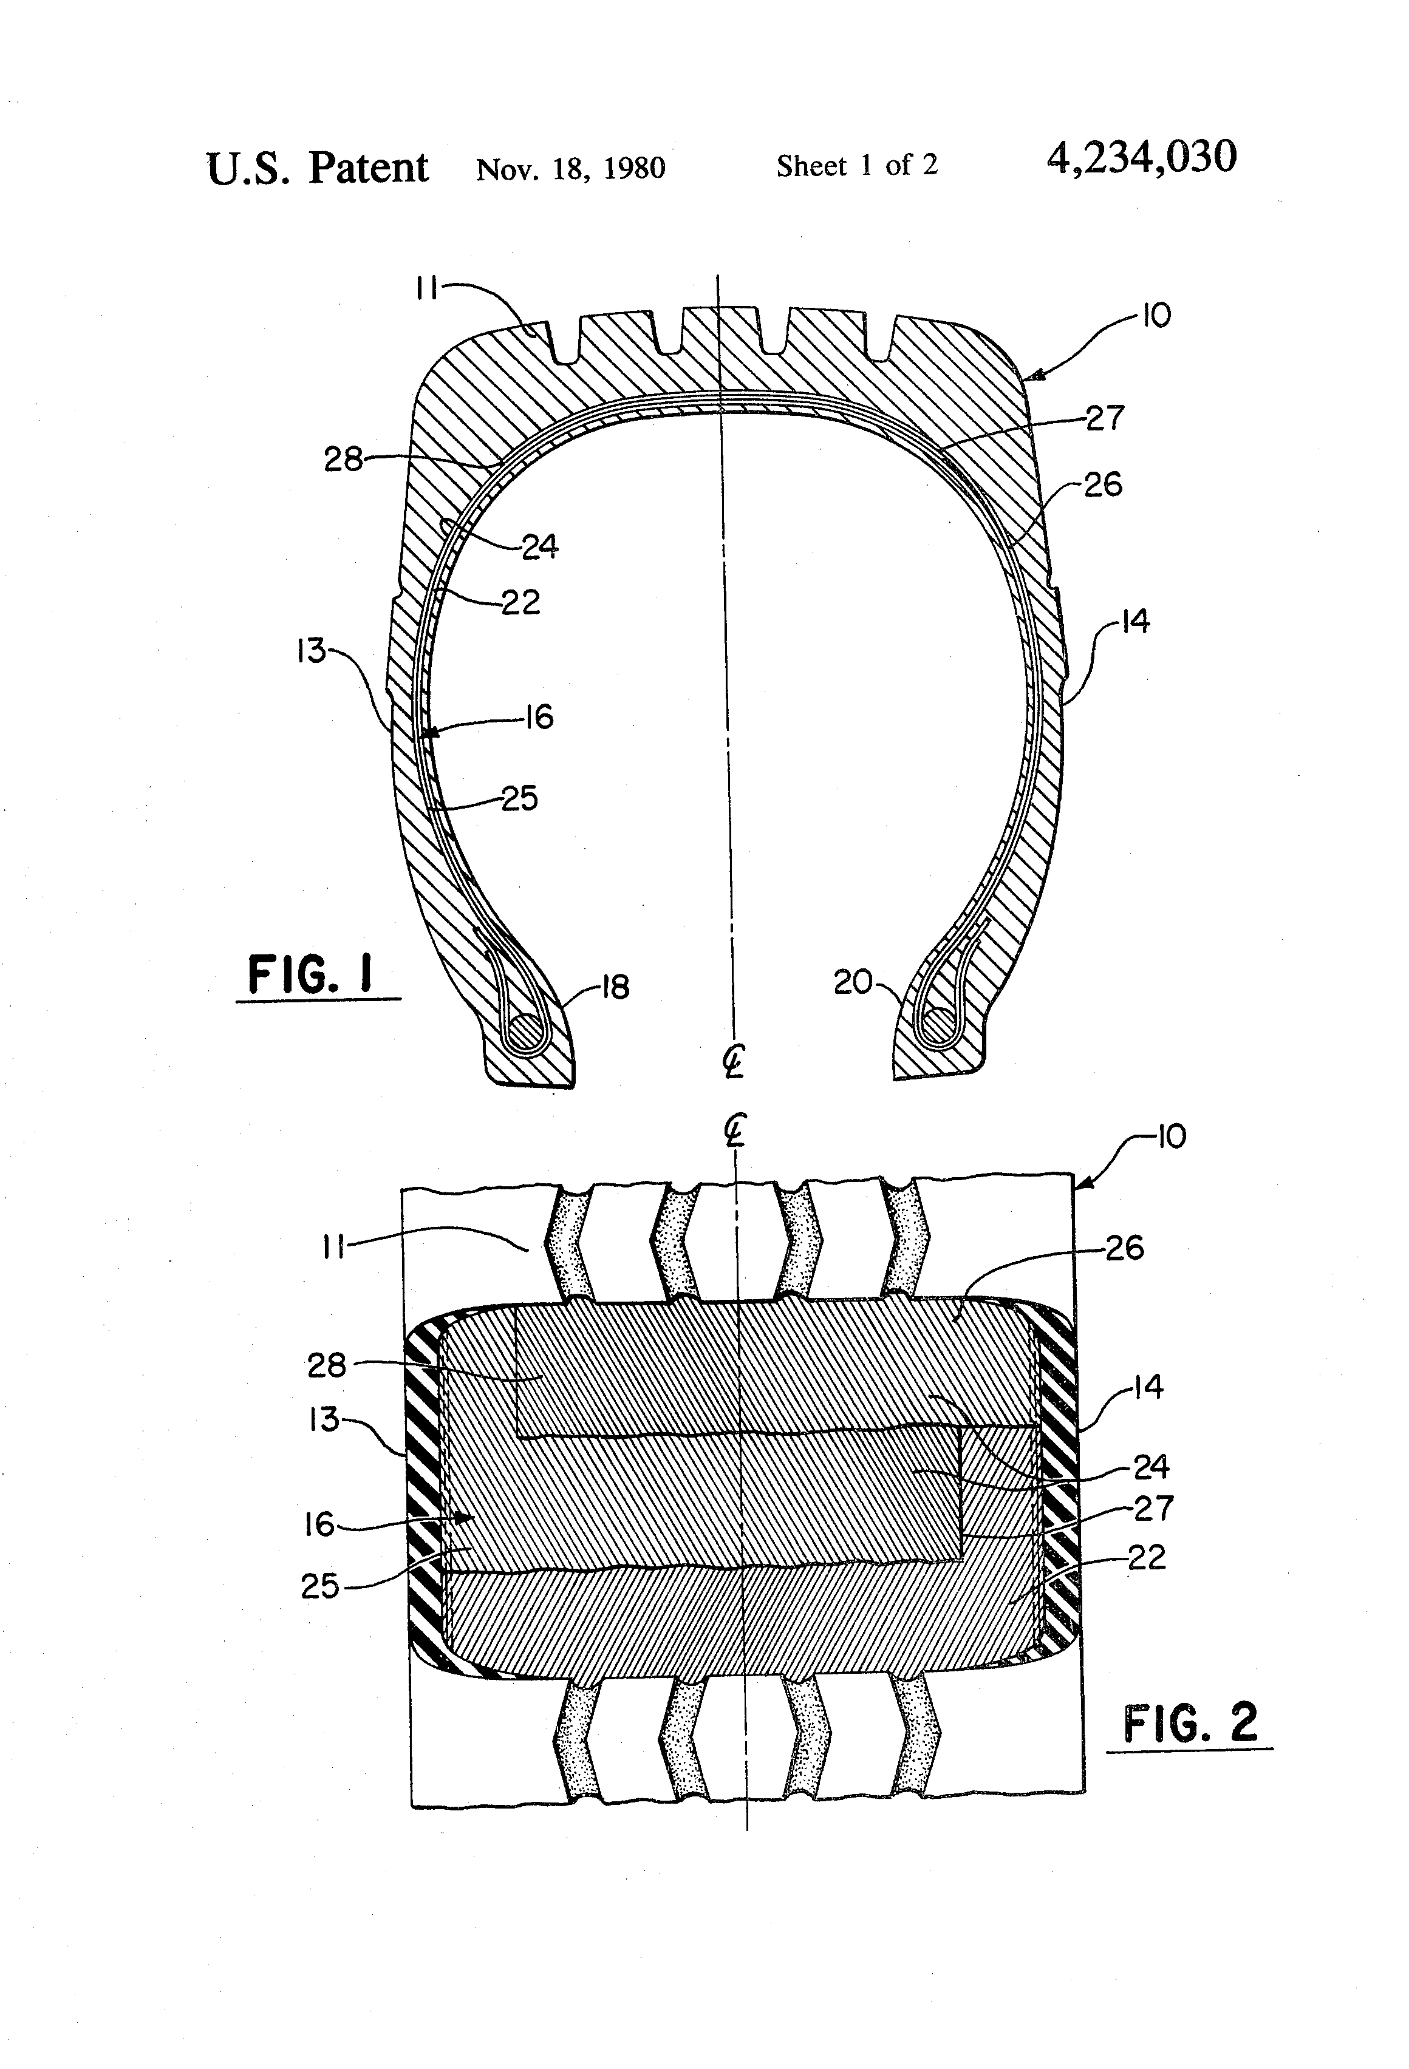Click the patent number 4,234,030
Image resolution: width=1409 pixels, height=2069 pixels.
(x=1142, y=158)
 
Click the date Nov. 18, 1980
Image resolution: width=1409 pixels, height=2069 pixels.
(x=570, y=168)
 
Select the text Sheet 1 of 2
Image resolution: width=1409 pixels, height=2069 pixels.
(x=857, y=166)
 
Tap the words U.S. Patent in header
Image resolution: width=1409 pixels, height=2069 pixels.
(x=317, y=168)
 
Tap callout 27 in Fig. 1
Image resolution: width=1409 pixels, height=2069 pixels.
(x=1104, y=418)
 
